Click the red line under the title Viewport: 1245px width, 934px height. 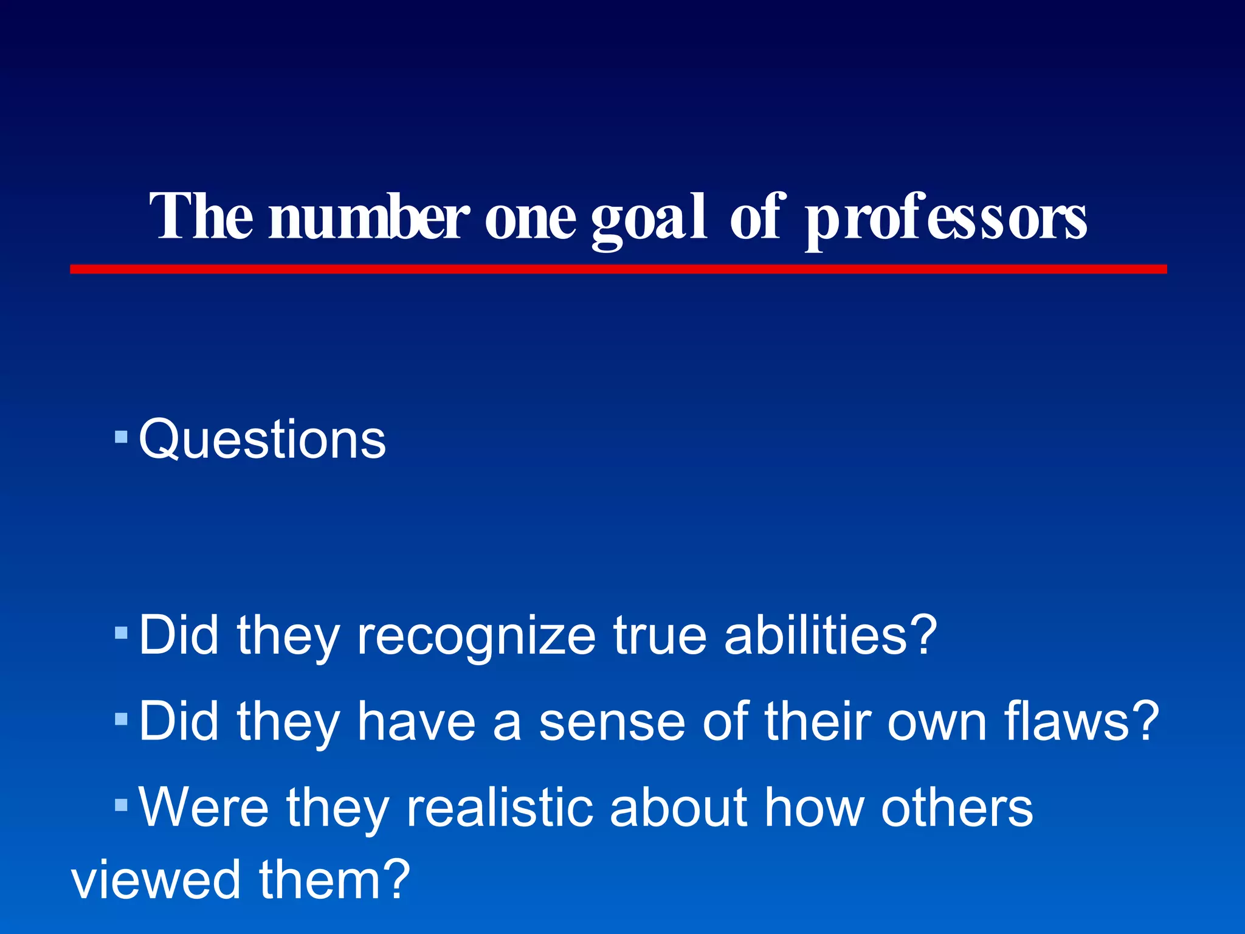[x=618, y=269]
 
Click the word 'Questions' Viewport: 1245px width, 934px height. [x=262, y=439]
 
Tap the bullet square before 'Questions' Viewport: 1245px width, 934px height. [x=121, y=437]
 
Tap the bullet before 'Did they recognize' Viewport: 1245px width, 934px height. [x=121, y=634]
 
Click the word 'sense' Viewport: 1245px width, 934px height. [x=612, y=722]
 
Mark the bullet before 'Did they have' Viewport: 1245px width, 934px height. [x=121, y=720]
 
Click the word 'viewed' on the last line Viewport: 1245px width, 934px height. [x=156, y=880]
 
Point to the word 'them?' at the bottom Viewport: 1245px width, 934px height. [x=334, y=880]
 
